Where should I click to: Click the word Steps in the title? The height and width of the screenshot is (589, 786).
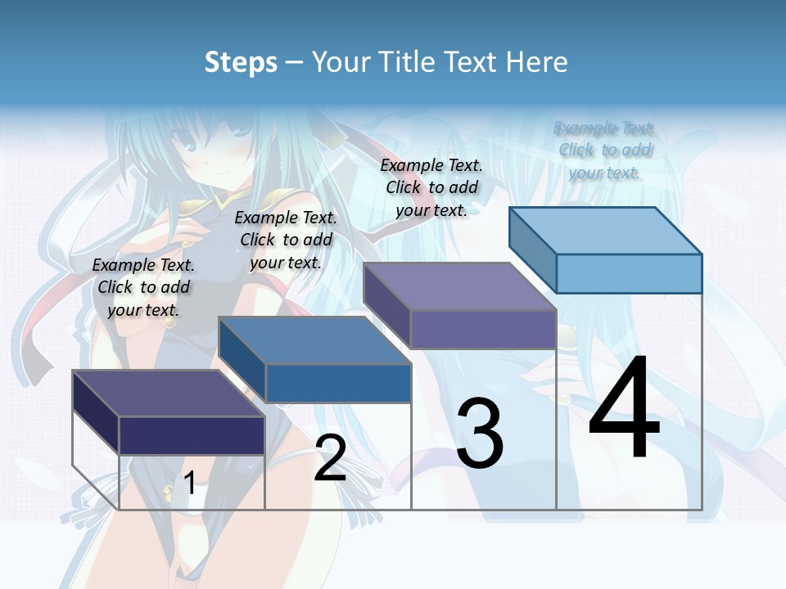241,62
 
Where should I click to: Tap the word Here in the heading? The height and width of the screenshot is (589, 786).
537,62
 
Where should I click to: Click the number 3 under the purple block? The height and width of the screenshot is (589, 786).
480,434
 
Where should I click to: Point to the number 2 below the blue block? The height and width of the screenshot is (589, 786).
330,458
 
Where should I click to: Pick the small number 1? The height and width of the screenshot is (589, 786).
190,483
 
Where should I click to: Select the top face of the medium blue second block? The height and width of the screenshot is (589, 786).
314,339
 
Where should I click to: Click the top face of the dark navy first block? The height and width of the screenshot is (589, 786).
169,393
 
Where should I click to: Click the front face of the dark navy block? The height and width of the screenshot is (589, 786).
192,435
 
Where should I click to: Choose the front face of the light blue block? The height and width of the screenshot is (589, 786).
629,273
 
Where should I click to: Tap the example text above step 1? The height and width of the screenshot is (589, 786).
143,287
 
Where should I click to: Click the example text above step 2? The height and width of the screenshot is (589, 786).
286,240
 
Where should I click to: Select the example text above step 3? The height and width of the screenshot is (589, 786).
431,187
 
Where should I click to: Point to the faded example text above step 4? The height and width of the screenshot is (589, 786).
604,150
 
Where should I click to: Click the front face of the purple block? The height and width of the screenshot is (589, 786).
483,329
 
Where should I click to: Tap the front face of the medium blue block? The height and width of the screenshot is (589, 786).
337,383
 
